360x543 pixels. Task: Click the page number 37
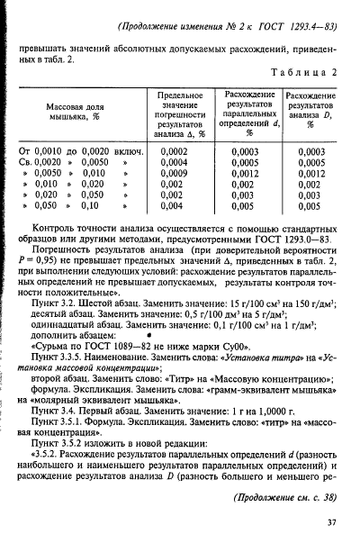(330, 521)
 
